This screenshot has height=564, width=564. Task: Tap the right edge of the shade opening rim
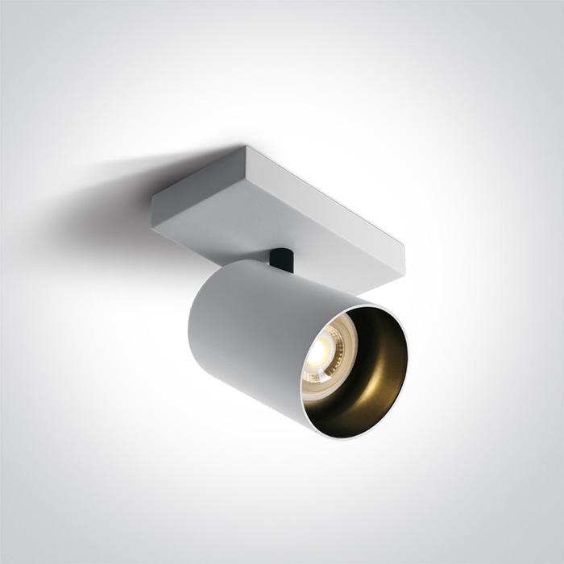(x=407, y=359)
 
